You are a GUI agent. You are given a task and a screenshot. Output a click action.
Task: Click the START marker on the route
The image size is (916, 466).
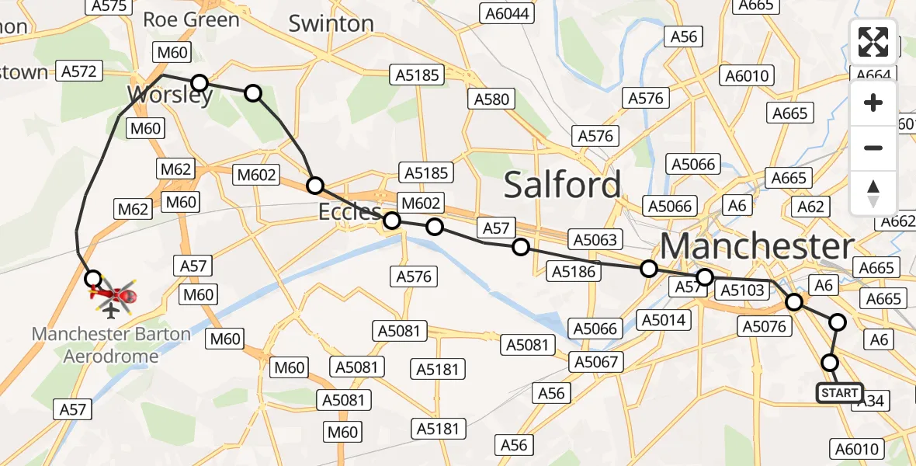point(840,393)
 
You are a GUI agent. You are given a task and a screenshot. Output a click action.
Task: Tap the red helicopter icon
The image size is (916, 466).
point(114,294)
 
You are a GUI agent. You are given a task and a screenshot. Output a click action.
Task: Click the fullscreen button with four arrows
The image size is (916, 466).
point(873,42)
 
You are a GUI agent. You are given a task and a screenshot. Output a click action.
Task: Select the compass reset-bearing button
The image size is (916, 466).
point(873,193)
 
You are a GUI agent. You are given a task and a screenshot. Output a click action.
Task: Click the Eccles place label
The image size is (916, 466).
point(350,212)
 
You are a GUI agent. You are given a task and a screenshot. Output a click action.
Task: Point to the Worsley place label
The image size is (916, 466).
point(170,96)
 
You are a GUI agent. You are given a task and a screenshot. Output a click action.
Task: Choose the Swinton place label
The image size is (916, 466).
point(331,23)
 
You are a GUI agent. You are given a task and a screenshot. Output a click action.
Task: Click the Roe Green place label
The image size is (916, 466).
point(191,19)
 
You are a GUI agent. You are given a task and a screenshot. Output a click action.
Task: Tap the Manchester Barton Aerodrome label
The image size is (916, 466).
point(111,345)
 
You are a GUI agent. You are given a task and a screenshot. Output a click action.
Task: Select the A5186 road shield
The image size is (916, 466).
point(574,271)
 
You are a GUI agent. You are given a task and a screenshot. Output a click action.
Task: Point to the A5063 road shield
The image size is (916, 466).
point(595,239)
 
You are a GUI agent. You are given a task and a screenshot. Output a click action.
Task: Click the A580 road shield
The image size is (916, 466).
point(492,99)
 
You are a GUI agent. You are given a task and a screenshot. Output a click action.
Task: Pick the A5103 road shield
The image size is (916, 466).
point(742,290)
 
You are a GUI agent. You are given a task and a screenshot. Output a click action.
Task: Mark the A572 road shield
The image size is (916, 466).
point(78,71)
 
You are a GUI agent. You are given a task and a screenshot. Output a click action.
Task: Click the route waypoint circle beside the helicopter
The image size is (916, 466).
point(92,278)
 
